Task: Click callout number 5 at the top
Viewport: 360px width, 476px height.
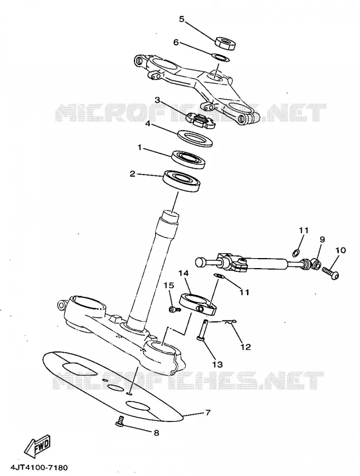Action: [182, 19]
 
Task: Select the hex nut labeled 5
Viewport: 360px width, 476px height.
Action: [226, 43]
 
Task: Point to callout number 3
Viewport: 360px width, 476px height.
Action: [157, 100]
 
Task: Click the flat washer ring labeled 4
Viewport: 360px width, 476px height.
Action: [195, 138]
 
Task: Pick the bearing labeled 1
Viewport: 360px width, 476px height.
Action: [188, 159]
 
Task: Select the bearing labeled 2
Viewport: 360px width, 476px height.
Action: [182, 181]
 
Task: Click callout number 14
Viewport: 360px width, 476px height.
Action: [184, 273]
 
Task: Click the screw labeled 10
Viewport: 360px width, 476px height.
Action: [330, 272]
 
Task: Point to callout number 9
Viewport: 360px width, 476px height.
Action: [322, 240]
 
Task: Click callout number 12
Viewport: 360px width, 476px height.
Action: [246, 346]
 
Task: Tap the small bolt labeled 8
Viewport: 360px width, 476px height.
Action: [120, 421]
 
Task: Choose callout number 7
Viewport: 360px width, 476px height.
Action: [208, 413]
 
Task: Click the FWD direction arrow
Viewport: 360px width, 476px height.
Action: [38, 446]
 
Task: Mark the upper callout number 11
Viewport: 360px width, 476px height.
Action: [303, 231]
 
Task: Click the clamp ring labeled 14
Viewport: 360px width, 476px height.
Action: [198, 304]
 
